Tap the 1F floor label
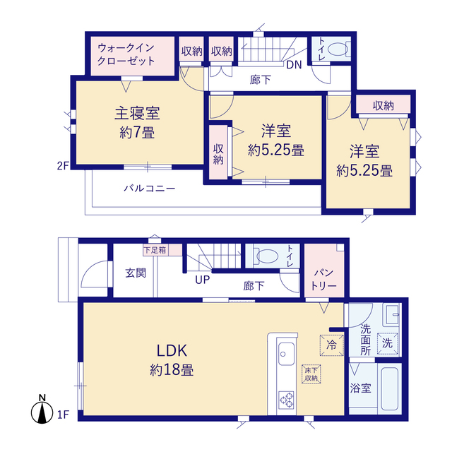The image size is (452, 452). [64, 415]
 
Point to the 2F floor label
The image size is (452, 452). [63, 166]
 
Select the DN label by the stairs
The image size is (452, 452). [294, 65]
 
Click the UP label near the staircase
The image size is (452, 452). [203, 280]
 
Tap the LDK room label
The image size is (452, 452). [172, 350]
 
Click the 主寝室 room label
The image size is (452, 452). [137, 113]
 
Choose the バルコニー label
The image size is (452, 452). [150, 189]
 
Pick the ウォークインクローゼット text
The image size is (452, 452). [126, 54]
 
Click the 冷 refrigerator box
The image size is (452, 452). [331, 345]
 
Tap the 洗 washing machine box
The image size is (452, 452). [388, 343]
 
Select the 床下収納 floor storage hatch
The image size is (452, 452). [311, 374]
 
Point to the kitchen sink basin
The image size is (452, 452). [286, 354]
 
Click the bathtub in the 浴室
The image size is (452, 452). [390, 389]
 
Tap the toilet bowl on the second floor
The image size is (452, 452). [338, 49]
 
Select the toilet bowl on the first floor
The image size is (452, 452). [267, 256]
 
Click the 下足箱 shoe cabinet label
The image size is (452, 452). [155, 250]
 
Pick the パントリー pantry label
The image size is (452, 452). [324, 279]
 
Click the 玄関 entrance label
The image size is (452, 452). [136, 273]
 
